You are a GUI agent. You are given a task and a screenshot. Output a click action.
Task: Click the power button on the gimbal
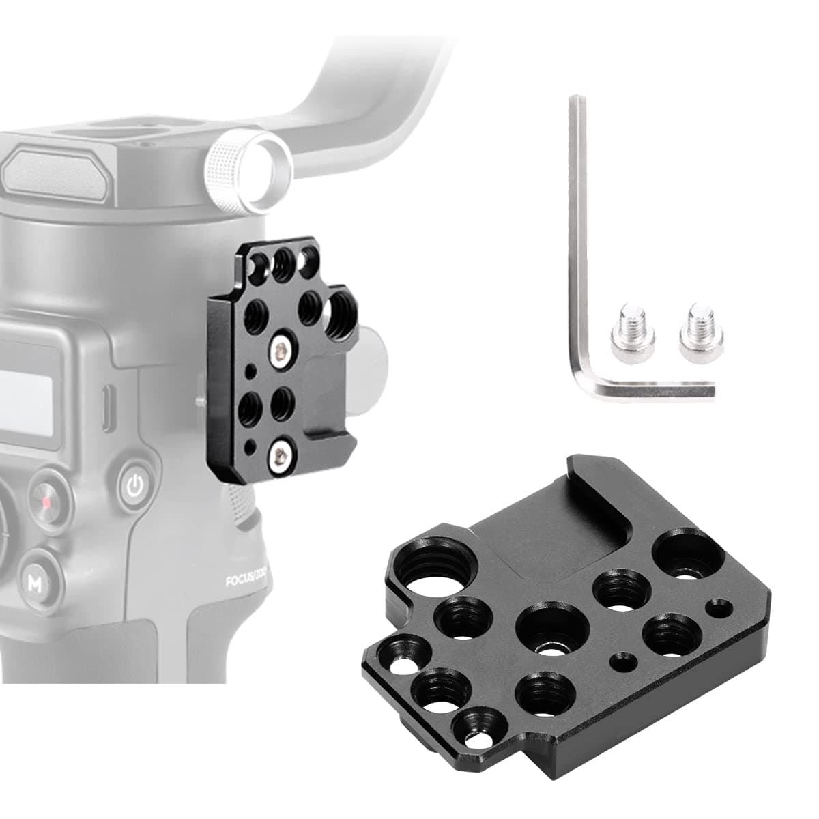click(135, 486)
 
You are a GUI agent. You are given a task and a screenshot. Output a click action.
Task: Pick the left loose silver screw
click(631, 335)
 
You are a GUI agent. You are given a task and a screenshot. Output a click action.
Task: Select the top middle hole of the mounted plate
click(282, 260)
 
